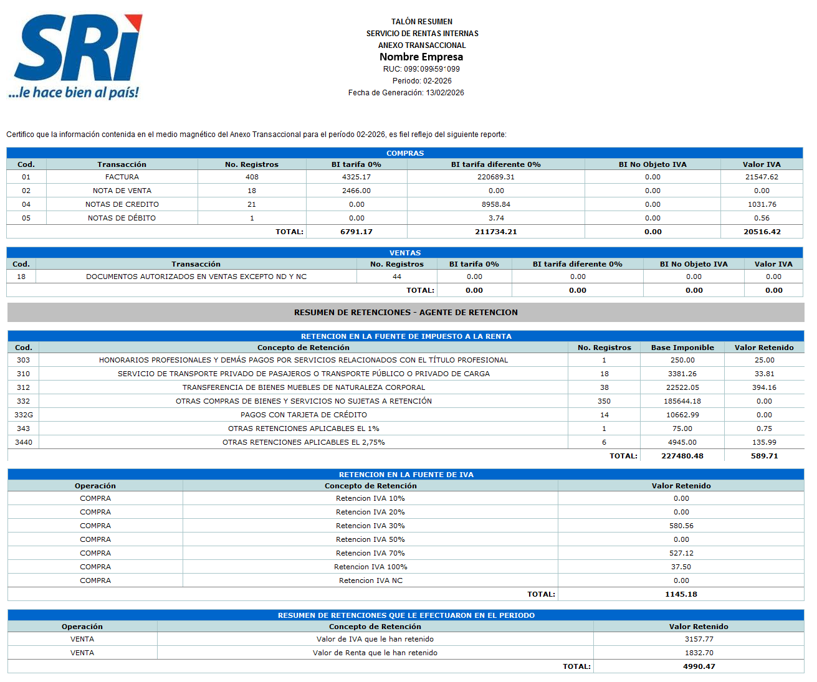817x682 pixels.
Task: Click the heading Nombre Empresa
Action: click(421, 57)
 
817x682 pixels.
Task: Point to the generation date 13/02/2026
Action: click(445, 93)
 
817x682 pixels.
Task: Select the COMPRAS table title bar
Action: click(404, 153)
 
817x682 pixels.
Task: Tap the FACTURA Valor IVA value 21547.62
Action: click(762, 177)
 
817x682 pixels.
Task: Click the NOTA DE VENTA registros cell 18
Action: click(252, 191)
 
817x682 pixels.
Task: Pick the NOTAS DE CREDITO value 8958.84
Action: click(496, 204)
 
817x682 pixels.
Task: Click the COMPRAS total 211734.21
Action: click(496, 232)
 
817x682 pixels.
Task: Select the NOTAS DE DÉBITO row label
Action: click(122, 218)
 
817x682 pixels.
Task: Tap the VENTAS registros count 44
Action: click(397, 277)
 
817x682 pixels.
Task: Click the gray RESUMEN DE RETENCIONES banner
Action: click(406, 313)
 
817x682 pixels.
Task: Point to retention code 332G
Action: click(24, 415)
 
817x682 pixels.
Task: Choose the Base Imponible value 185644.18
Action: click(682, 401)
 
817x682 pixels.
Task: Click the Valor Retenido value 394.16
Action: click(764, 387)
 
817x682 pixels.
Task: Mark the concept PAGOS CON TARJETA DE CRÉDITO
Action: click(303, 415)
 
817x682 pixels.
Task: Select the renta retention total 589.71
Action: click(764, 456)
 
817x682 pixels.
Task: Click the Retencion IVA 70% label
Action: click(370, 553)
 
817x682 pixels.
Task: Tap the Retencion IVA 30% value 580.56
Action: click(681, 526)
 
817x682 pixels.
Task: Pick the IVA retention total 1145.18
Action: click(681, 594)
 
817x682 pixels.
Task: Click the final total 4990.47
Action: click(699, 666)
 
